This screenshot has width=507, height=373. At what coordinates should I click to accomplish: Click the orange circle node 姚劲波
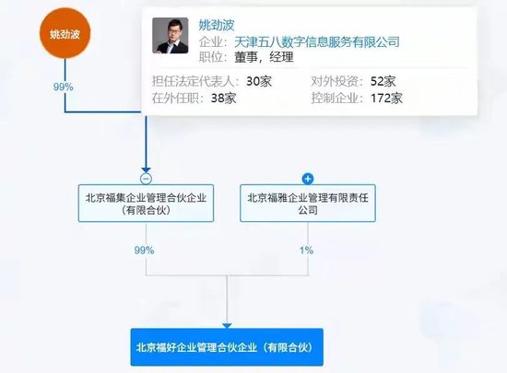[65, 33]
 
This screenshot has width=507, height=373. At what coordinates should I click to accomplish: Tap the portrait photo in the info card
[171, 36]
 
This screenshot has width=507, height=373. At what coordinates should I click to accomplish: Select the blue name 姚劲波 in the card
[217, 25]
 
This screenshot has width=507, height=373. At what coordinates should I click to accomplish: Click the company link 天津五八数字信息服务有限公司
[317, 42]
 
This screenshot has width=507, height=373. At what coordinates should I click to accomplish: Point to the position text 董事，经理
[264, 57]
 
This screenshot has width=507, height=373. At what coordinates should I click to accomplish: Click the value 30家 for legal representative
[259, 81]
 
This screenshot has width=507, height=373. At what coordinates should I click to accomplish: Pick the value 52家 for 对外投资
[383, 81]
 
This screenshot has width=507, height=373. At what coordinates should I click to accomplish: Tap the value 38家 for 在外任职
[224, 99]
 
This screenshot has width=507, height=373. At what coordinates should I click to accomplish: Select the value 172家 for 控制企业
[387, 99]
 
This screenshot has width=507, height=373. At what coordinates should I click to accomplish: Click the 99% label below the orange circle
[64, 87]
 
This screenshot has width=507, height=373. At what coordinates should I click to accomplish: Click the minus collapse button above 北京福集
[147, 179]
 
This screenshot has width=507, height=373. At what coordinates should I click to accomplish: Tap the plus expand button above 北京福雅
[308, 179]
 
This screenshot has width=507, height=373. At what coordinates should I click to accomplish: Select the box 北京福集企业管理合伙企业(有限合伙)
[147, 204]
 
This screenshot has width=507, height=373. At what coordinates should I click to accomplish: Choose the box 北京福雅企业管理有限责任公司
[308, 204]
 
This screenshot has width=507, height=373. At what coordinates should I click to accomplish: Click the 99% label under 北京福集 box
[144, 251]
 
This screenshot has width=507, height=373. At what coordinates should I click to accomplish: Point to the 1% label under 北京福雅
[307, 251]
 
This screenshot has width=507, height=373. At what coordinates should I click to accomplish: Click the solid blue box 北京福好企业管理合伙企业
[227, 347]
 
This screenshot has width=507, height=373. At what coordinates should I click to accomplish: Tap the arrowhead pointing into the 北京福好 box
[227, 326]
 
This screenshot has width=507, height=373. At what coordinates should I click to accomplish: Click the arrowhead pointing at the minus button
[147, 170]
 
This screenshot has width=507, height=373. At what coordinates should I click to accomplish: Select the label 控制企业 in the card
[335, 99]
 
